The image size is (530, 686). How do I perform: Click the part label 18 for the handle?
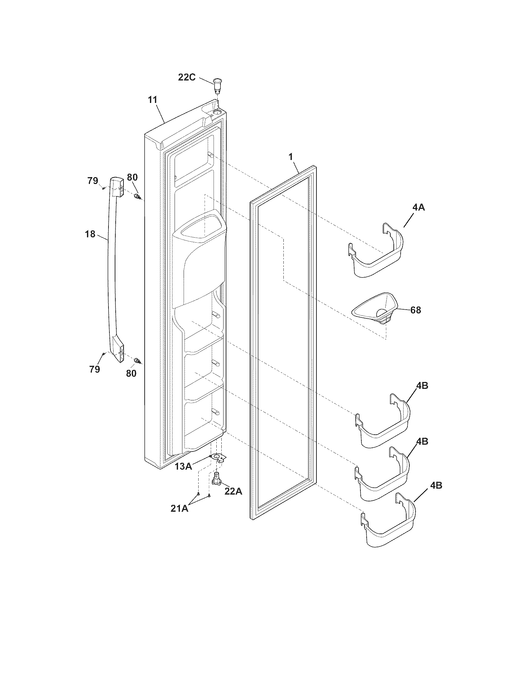pos(90,234)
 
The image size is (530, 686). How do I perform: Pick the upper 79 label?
pos(93,181)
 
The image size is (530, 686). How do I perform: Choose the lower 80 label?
pos(131,374)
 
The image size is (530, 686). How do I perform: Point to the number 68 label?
pos(415,310)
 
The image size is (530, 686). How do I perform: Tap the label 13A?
pos(184,466)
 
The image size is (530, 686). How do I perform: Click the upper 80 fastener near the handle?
pos(137,197)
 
